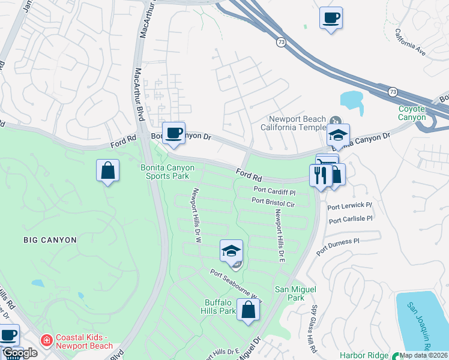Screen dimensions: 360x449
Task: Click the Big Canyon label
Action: click(50, 240)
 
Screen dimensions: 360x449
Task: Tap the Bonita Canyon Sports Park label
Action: click(164, 172)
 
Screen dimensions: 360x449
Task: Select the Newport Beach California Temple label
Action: click(297, 122)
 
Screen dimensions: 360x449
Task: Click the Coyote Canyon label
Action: click(411, 113)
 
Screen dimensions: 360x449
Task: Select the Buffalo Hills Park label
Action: click(220, 307)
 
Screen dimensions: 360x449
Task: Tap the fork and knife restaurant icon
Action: click(320, 175)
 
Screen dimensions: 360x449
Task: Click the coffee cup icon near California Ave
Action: click(331, 18)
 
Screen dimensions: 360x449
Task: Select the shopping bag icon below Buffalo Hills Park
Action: click(248, 310)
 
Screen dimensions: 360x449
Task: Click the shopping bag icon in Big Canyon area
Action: click(107, 170)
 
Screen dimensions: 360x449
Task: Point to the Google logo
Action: click(20, 353)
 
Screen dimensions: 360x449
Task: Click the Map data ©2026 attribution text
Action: click(424, 355)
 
